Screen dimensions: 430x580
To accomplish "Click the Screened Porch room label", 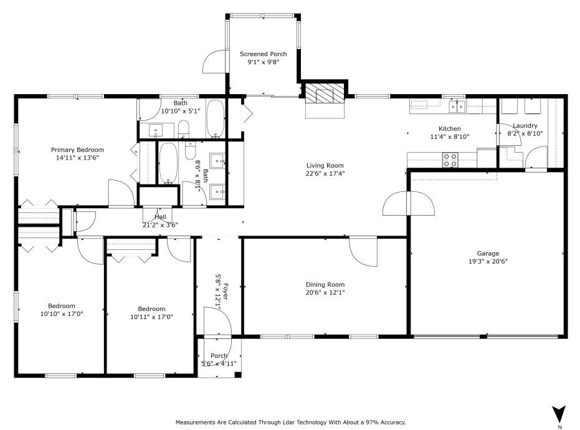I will coord(264,54).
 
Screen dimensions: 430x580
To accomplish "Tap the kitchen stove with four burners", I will coord(450,160).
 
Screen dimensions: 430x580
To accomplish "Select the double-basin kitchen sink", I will coord(457,107).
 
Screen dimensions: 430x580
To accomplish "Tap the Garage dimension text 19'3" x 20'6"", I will coord(488,262).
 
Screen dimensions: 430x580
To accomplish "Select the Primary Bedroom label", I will coord(77,150).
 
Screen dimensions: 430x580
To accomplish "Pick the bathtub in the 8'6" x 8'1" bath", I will coord(168,163).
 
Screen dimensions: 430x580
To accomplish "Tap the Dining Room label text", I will coord(325,284).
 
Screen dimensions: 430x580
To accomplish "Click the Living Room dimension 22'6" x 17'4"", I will coord(325,173).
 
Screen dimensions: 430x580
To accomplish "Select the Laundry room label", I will coord(525,125).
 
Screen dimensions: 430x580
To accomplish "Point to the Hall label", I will coord(159,216).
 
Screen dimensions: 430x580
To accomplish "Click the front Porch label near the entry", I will coord(219,355).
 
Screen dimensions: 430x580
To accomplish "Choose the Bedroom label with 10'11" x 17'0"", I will coord(151,308).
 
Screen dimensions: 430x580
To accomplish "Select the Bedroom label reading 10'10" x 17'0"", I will coord(62,305).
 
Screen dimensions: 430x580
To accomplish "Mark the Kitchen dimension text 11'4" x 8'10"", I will coord(449,136).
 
